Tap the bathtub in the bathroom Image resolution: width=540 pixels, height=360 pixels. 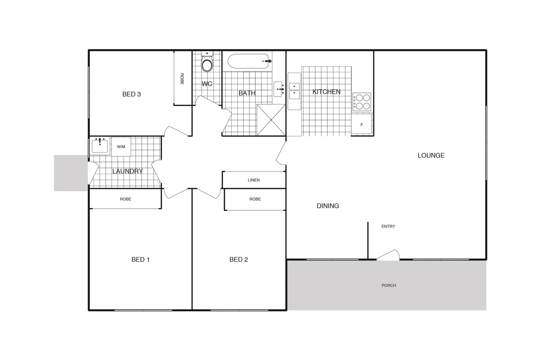click(248, 61)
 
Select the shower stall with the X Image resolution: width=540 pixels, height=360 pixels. click(271, 120)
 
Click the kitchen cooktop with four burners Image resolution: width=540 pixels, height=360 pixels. click(362, 102)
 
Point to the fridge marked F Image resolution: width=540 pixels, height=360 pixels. click(362, 124)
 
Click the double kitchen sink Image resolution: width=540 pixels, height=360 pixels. click(294, 91)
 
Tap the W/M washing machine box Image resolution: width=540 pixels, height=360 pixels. click(121, 147)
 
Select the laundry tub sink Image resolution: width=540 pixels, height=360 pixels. click(100, 146)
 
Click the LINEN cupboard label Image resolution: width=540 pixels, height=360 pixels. click(254, 180)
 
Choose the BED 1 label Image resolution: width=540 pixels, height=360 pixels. click(140, 259)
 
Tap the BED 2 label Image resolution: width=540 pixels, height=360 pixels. click(239, 259)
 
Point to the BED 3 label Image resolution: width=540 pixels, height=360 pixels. click(131, 94)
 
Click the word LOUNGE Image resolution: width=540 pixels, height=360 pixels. click(431, 155)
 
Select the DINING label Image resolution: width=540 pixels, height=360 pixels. click(328, 206)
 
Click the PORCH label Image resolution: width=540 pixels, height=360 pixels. click(389, 285)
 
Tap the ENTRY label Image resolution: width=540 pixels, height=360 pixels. click(388, 226)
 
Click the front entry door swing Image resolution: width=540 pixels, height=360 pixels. click(389, 255)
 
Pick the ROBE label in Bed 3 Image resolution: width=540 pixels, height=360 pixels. click(182, 79)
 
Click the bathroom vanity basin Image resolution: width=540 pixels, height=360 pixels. click(278, 89)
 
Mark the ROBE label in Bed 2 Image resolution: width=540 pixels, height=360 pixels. click(255, 199)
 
